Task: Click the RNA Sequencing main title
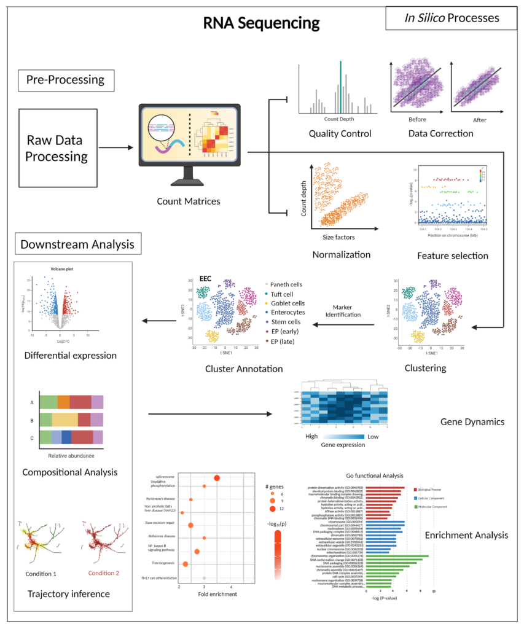point(262,24)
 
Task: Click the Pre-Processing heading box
point(66,80)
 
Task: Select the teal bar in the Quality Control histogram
point(340,86)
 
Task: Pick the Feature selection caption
point(452,256)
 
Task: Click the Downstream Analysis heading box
point(77,244)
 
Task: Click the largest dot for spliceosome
point(216,477)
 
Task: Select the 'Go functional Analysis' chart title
point(375,475)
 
